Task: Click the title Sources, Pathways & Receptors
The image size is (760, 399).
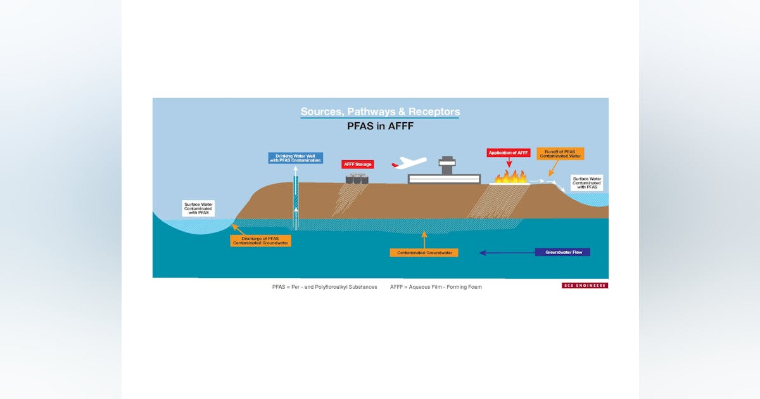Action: pyautogui.click(x=380, y=112)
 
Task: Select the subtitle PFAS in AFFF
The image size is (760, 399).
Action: pyautogui.click(x=380, y=126)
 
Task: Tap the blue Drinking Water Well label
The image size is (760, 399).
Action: pyautogui.click(x=295, y=158)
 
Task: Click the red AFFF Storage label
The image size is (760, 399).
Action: pyautogui.click(x=358, y=164)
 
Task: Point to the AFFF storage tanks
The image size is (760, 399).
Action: pyautogui.click(x=357, y=179)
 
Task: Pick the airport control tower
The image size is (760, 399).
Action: pyautogui.click(x=447, y=165)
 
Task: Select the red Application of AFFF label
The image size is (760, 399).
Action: pyautogui.click(x=508, y=153)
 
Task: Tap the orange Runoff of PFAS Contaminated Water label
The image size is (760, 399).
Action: pyautogui.click(x=560, y=153)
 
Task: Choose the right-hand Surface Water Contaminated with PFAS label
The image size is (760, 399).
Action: pyautogui.click(x=586, y=182)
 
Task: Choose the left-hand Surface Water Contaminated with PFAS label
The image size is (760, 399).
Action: pyautogui.click(x=198, y=208)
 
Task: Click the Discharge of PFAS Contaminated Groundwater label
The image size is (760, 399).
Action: pyautogui.click(x=260, y=240)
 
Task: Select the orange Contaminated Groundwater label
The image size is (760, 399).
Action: pyautogui.click(x=424, y=253)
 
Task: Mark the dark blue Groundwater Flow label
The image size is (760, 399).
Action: pyautogui.click(x=562, y=252)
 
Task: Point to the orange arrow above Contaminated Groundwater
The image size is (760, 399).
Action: pyautogui.click(x=424, y=239)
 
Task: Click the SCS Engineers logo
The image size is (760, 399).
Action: pyautogui.click(x=585, y=286)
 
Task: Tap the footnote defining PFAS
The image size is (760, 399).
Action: pyautogui.click(x=324, y=287)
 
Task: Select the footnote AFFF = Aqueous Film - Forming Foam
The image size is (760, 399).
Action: pyautogui.click(x=436, y=287)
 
